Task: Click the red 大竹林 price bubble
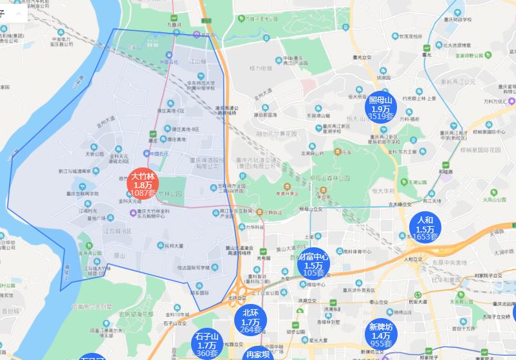coord(142,184)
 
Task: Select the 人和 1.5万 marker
coord(425,229)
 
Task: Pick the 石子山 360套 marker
coord(207,345)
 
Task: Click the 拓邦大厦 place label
coord(174,245)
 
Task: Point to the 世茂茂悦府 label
coord(412,37)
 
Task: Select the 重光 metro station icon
coord(427,47)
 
